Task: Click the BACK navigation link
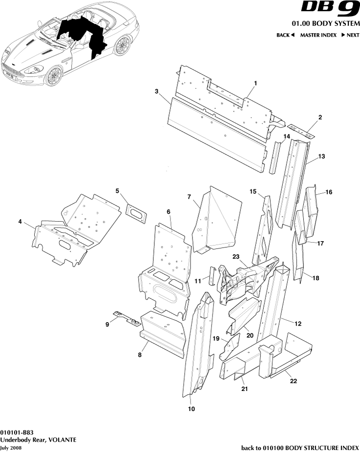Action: [x=285, y=35]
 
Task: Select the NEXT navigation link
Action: [x=350, y=35]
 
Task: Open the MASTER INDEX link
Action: [x=318, y=35]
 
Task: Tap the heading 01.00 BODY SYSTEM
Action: [x=325, y=24]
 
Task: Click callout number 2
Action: [x=320, y=117]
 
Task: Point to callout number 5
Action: [x=117, y=190]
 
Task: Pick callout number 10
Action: [x=191, y=409]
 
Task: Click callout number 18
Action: [x=316, y=278]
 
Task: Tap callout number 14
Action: [x=287, y=136]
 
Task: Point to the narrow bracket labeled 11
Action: [x=212, y=276]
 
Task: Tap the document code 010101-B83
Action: [x=17, y=432]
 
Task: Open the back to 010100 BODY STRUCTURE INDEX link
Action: [x=300, y=448]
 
